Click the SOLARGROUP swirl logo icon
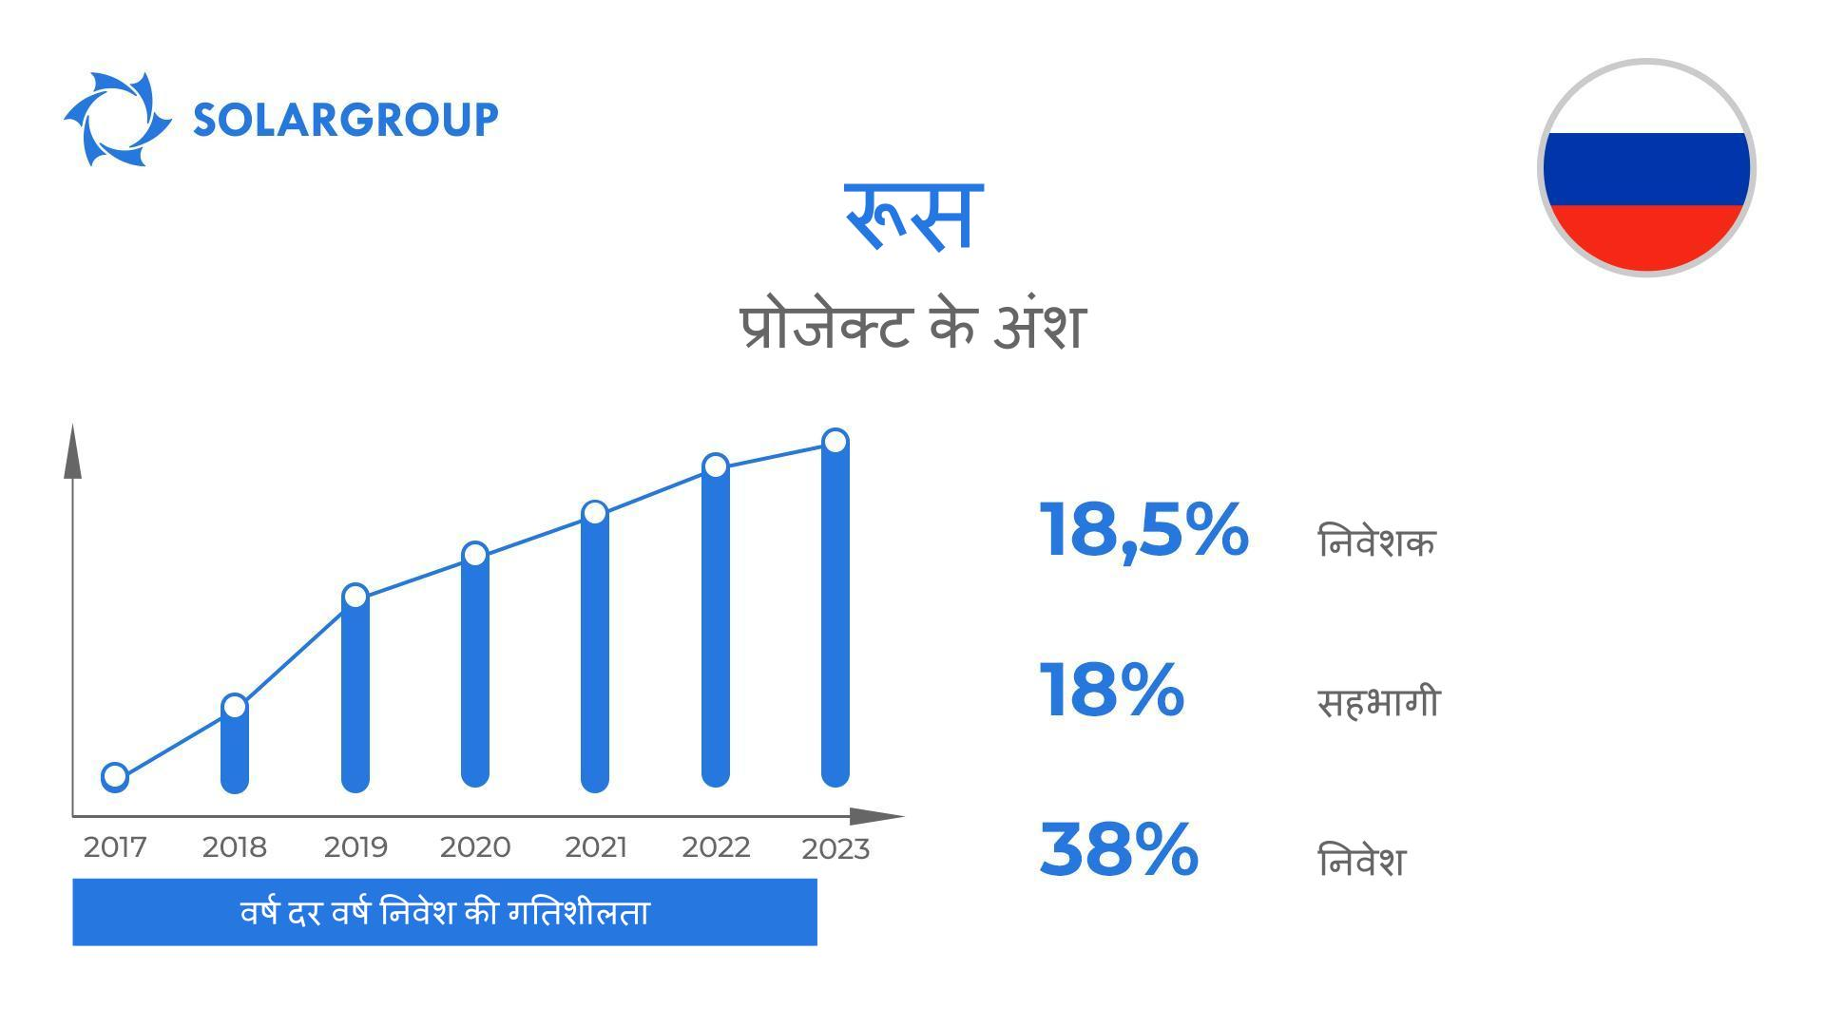click(x=117, y=120)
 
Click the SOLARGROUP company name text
click(x=345, y=120)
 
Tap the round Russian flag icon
click(x=1646, y=168)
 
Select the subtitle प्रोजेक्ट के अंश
click(x=912, y=326)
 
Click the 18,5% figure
click(x=1143, y=530)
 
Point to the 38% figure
click(x=1118, y=849)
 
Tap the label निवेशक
click(x=1375, y=542)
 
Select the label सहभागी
click(x=1378, y=702)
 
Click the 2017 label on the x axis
click(x=115, y=846)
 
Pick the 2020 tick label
click(x=475, y=846)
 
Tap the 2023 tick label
click(x=835, y=848)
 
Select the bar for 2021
click(x=594, y=655)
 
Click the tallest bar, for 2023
click(x=835, y=617)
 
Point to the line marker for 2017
click(x=115, y=776)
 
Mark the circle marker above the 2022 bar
click(x=715, y=465)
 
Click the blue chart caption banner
click(x=445, y=912)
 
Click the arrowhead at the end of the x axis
click(x=874, y=816)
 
